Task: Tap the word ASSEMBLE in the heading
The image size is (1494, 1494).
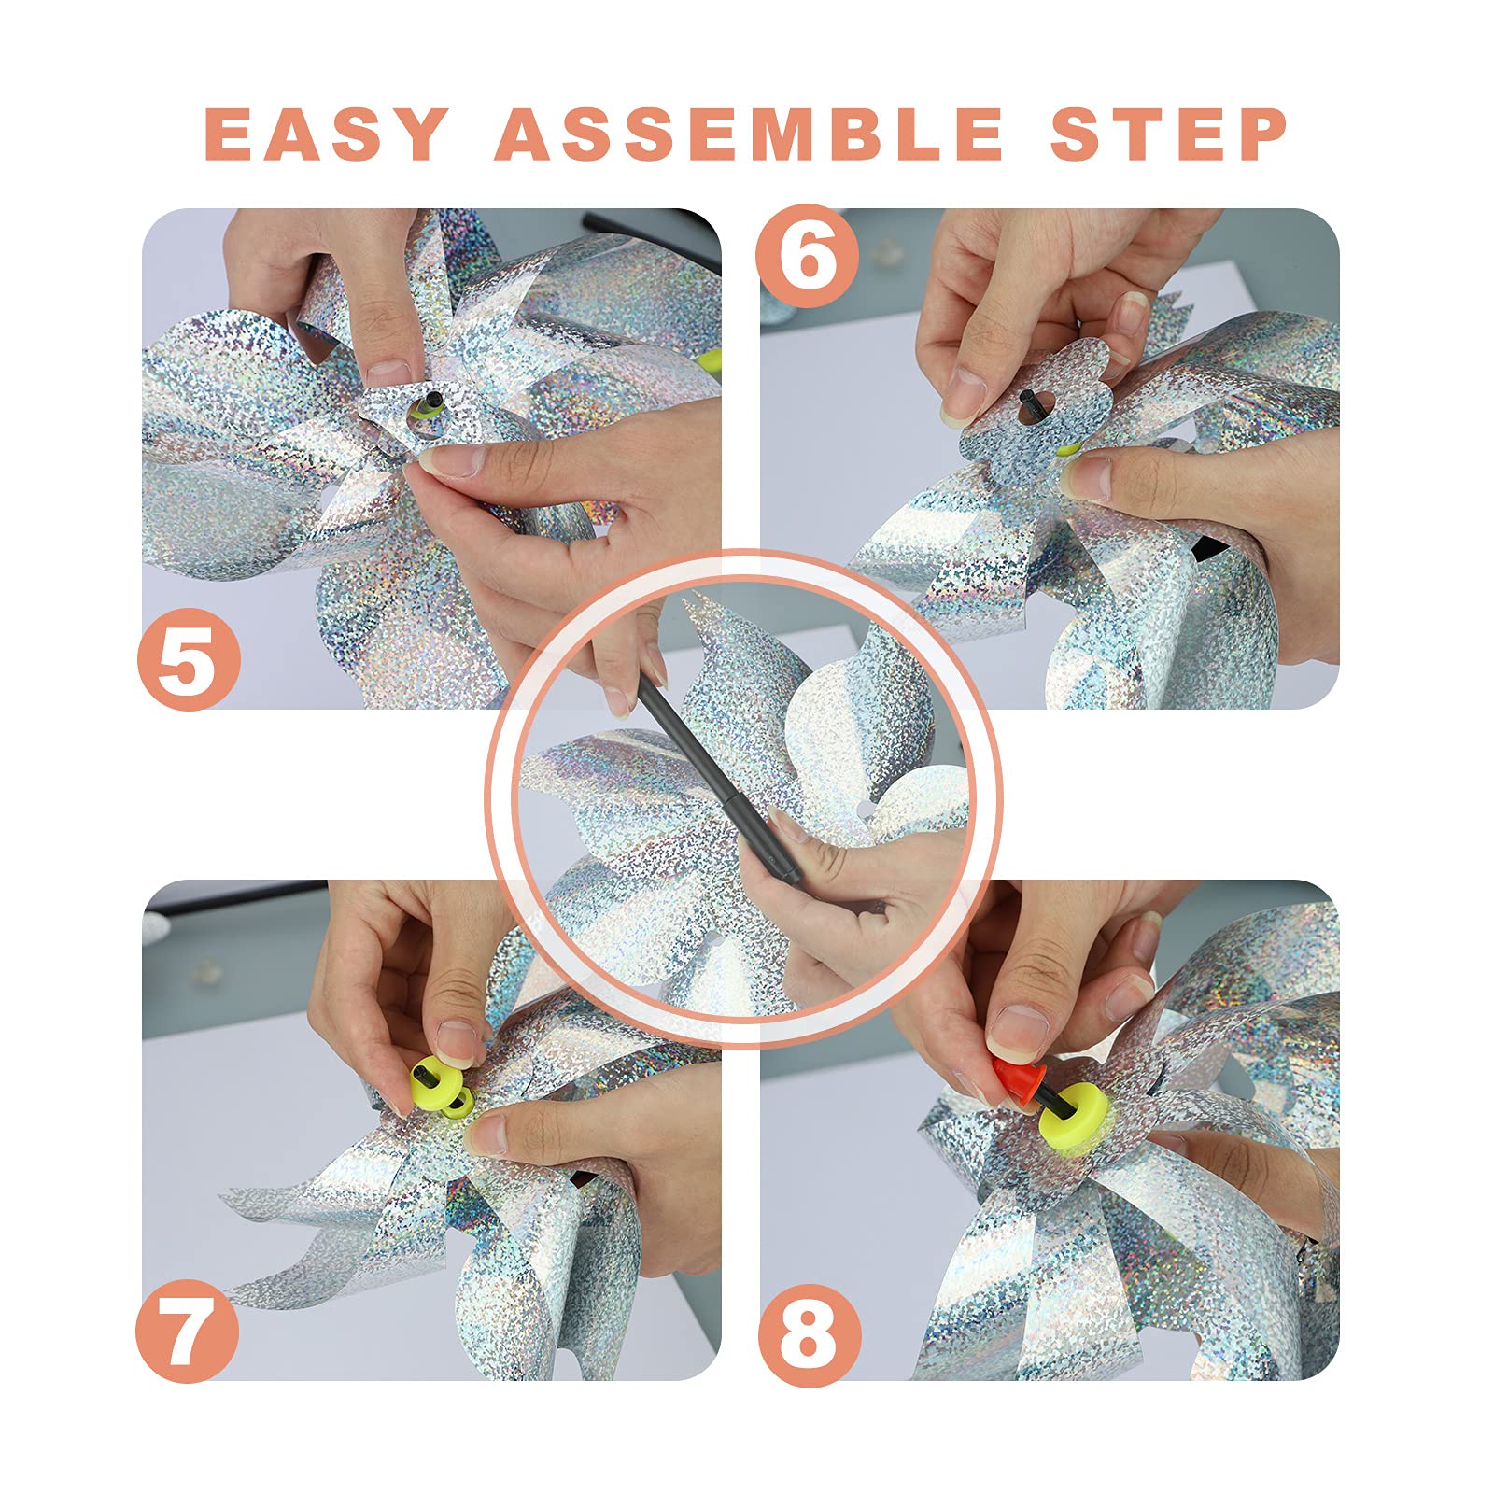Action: pyautogui.click(x=749, y=134)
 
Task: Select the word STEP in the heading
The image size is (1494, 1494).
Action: pyautogui.click(x=1169, y=134)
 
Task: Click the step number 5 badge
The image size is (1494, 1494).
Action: pyautogui.click(x=189, y=659)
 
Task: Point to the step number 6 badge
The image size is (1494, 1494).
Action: pyautogui.click(x=808, y=256)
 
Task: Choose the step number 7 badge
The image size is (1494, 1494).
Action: pyautogui.click(x=187, y=1331)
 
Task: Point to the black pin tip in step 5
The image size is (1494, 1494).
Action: pyautogui.click(x=430, y=402)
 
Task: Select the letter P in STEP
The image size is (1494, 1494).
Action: pyautogui.click(x=1261, y=134)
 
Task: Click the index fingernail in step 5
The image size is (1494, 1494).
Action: pyautogui.click(x=388, y=373)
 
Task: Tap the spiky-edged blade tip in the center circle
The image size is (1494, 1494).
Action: pyautogui.click(x=696, y=612)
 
